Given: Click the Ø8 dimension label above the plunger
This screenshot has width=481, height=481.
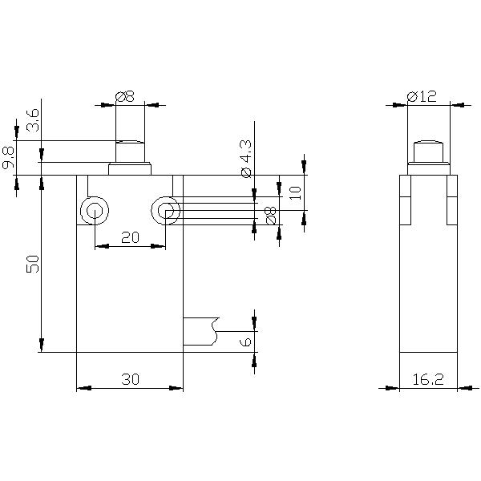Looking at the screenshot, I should tap(125, 96).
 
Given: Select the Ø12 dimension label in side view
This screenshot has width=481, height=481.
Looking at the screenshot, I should tap(421, 96).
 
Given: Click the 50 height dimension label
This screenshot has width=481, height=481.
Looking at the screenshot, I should tap(33, 265).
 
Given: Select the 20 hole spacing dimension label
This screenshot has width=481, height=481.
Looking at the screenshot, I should tap(129, 237).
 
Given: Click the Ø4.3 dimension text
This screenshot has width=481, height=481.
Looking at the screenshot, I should tap(245, 158).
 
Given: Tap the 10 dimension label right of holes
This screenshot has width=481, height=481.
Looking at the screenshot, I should tap(294, 192).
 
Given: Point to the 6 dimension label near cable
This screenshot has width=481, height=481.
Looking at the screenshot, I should tap(247, 342).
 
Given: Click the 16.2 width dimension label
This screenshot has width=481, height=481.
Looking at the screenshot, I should tap(428, 380).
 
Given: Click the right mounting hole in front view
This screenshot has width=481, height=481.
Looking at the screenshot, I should tap(165, 212).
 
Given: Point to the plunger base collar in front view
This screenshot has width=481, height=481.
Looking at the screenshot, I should tap(130, 169).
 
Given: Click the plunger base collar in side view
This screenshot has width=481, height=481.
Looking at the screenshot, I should tap(428, 169).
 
